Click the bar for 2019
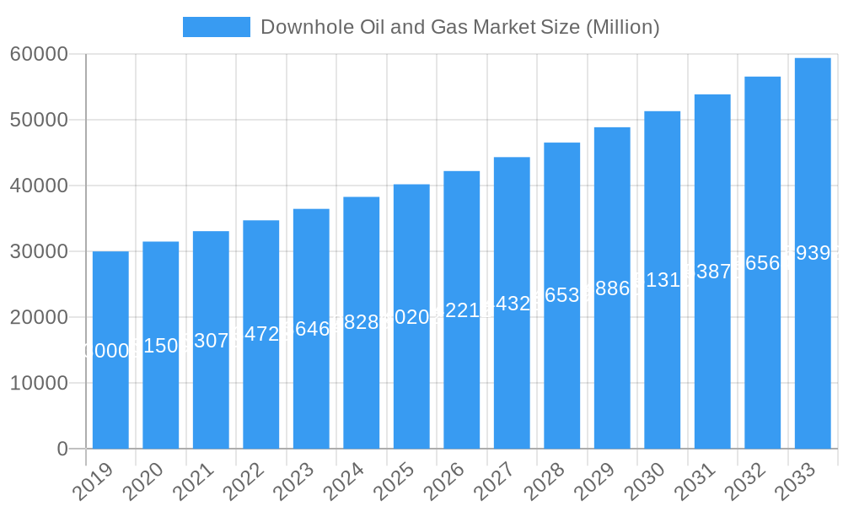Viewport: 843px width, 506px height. pyautogui.click(x=110, y=350)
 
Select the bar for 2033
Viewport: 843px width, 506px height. pyautogui.click(x=813, y=253)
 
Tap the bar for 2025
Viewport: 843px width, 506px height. pyautogui.click(x=411, y=316)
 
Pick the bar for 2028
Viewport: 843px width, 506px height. pyautogui.click(x=562, y=295)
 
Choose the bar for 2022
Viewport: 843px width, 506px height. pyautogui.click(x=261, y=334)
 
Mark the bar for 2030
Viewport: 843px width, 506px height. pyautogui.click(x=663, y=280)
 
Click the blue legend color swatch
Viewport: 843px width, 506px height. pyautogui.click(x=217, y=27)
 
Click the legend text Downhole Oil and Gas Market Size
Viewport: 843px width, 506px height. pyautogui.click(x=459, y=27)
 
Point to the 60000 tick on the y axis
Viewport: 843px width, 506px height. pyautogui.click(x=39, y=55)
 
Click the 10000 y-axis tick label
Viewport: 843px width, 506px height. pyautogui.click(x=39, y=384)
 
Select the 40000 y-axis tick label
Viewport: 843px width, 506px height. pyautogui.click(x=39, y=186)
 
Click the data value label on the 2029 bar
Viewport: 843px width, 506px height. pyautogui.click(x=612, y=288)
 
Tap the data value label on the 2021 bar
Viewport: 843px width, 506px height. pyautogui.click(x=211, y=341)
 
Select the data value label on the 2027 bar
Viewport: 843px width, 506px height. pyautogui.click(x=512, y=304)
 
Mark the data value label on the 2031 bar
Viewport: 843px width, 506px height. pyautogui.click(x=712, y=271)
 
